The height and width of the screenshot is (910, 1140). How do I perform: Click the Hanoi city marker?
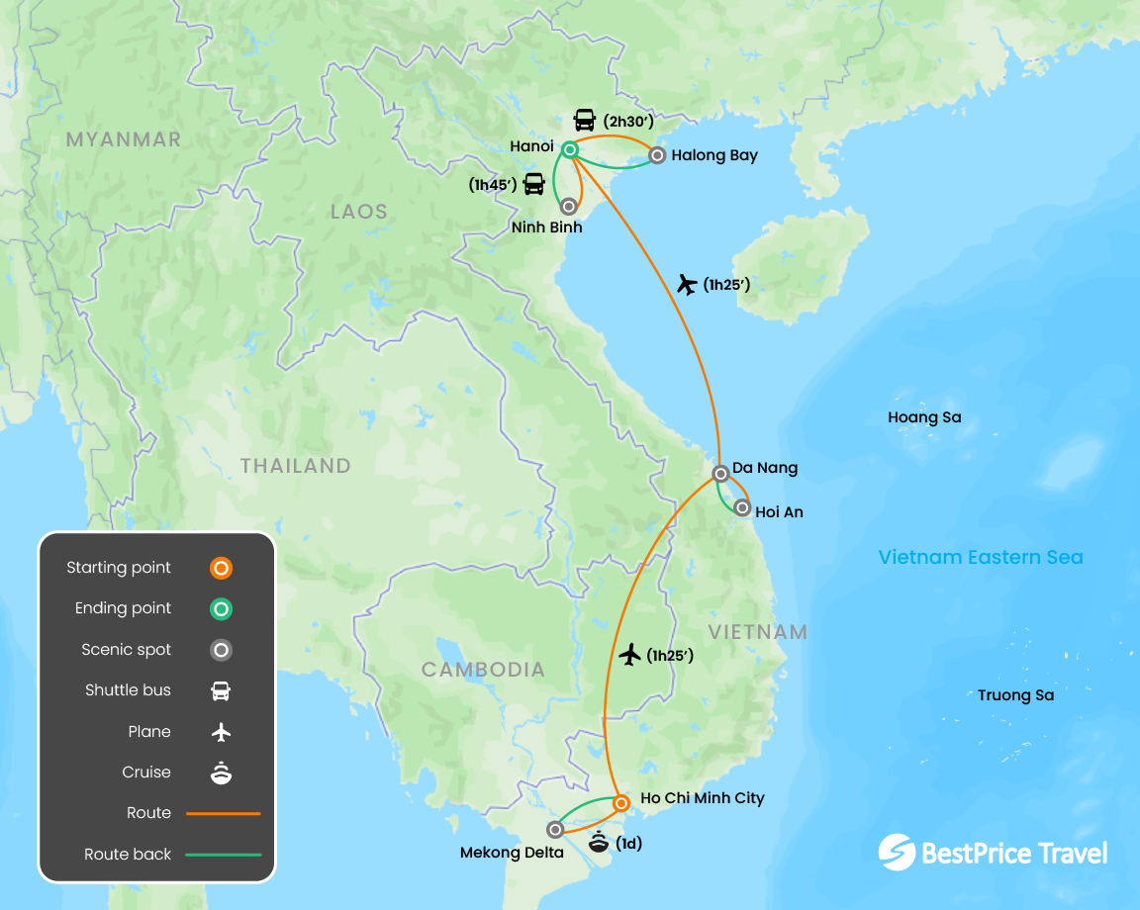[570, 150]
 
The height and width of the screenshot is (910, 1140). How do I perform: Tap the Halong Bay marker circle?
[656, 155]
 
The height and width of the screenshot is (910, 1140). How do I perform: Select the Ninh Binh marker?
[569, 207]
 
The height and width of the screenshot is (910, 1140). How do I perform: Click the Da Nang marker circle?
[721, 474]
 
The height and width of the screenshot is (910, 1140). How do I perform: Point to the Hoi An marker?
[742, 508]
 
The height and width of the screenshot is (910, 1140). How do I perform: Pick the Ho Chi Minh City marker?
[621, 803]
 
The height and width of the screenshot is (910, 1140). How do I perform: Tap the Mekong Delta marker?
[555, 830]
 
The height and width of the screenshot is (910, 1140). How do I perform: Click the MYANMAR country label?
[124, 139]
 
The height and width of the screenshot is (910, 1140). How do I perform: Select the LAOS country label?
[359, 212]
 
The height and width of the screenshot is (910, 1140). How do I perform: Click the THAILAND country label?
[296, 466]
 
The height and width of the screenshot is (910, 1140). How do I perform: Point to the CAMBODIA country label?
[483, 670]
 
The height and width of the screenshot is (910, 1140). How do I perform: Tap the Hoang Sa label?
[924, 417]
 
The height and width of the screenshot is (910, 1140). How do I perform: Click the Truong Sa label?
[1015, 695]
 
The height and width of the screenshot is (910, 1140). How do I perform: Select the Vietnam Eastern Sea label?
[981, 557]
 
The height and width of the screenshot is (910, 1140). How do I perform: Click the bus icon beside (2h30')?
[585, 121]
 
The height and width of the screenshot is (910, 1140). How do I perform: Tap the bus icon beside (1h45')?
[533, 183]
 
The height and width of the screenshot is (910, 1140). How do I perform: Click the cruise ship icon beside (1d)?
[600, 844]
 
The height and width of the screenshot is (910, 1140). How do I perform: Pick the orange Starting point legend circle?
[222, 569]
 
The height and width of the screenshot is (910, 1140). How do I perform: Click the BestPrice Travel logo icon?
[897, 853]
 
